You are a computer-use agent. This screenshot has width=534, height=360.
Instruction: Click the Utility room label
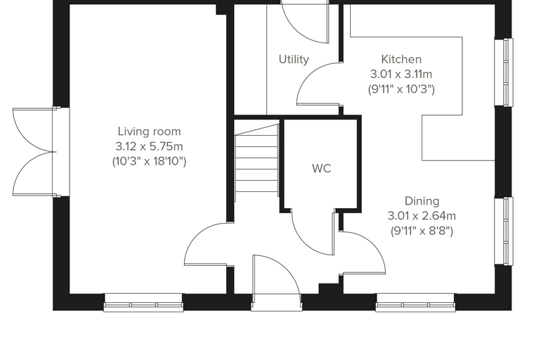click(x=294, y=59)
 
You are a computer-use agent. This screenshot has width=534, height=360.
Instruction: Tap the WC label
click(x=322, y=169)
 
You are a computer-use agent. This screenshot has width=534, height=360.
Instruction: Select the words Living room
click(x=149, y=131)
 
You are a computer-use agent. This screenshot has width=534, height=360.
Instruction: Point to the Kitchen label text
click(x=401, y=59)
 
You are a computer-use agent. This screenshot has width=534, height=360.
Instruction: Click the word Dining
click(x=422, y=201)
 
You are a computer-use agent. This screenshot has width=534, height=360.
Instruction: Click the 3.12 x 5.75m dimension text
click(x=149, y=146)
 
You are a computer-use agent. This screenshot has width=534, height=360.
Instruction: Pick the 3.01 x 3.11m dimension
click(x=401, y=74)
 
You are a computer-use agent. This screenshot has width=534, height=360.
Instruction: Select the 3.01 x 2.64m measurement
click(x=422, y=216)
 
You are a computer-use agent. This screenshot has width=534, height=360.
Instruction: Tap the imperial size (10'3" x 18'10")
click(x=149, y=161)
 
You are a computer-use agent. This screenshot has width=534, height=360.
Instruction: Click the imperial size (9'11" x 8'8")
click(x=422, y=231)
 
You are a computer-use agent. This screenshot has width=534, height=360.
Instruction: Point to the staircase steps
click(x=256, y=157)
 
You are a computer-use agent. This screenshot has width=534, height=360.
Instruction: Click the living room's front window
click(x=143, y=303)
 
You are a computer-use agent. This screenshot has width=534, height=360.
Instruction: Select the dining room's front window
click(x=415, y=303)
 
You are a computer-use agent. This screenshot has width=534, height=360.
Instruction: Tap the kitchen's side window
click(x=504, y=72)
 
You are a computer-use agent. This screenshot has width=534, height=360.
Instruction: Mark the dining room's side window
click(x=504, y=231)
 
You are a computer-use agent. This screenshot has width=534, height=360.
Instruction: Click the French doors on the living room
click(x=34, y=152)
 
